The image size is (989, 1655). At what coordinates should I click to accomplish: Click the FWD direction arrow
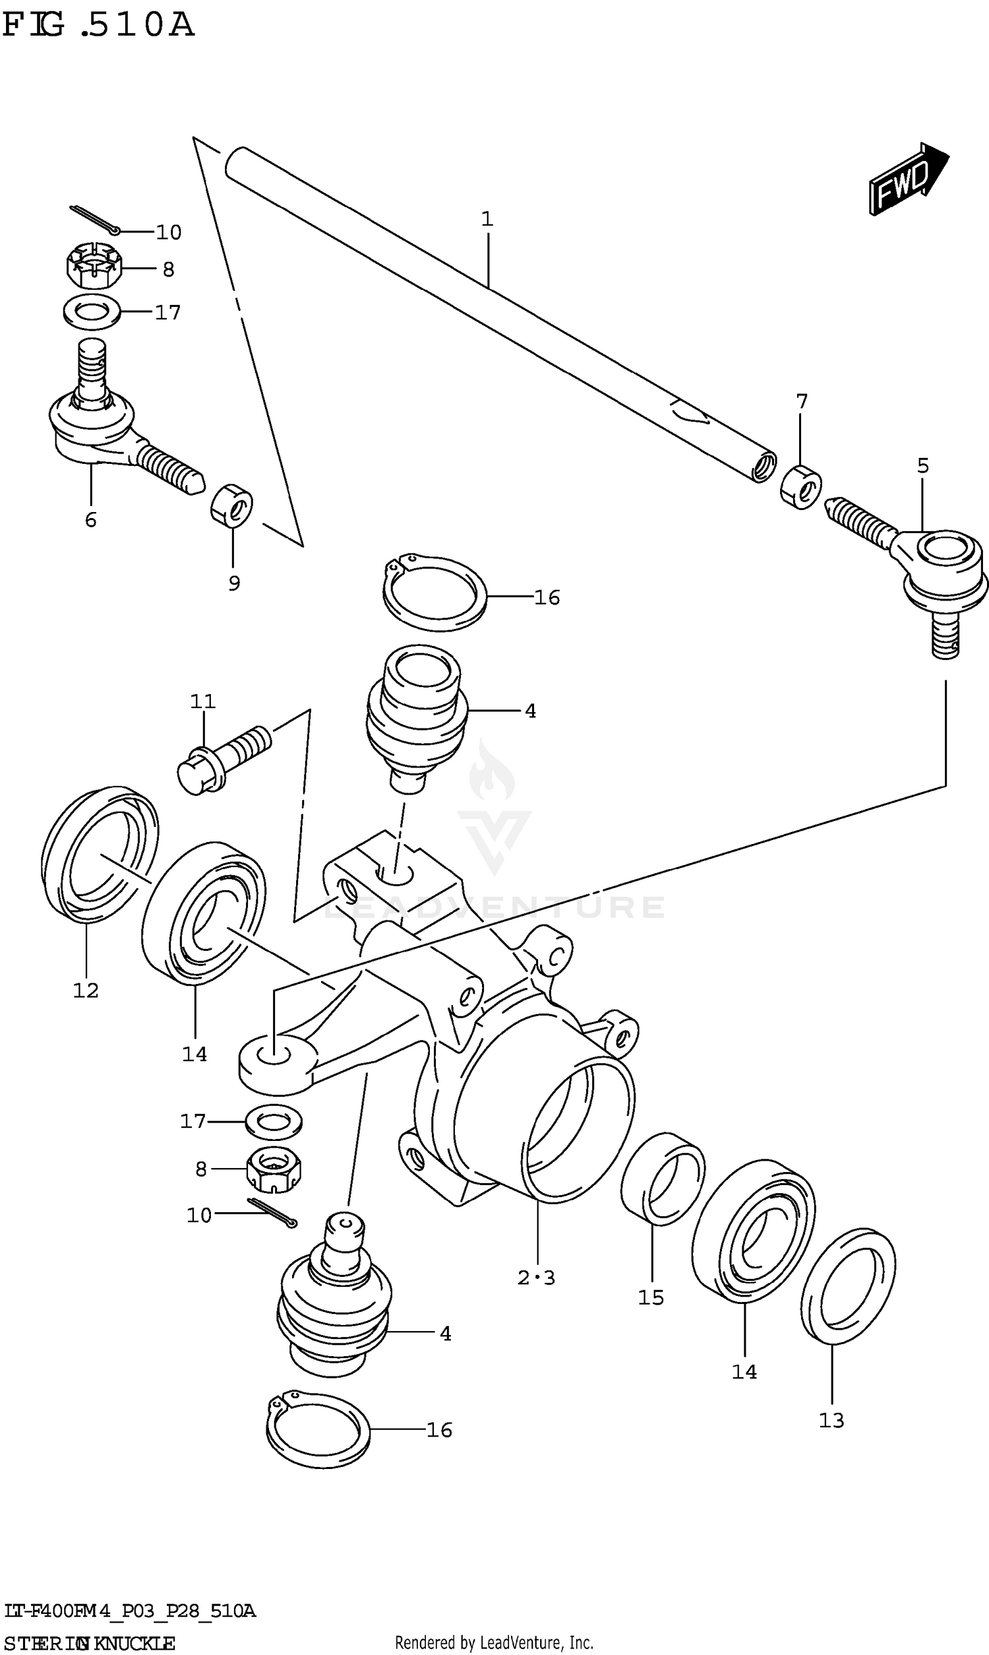[909, 179]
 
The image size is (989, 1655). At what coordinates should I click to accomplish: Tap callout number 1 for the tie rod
[487, 218]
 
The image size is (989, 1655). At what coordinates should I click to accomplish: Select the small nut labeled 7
[800, 487]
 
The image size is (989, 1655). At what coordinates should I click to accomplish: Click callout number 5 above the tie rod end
[922, 466]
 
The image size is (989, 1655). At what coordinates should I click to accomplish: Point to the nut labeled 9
[231, 505]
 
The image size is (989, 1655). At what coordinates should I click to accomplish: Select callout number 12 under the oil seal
[85, 991]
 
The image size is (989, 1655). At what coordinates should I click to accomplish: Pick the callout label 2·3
[536, 1278]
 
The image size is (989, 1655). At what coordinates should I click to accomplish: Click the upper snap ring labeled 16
[433, 592]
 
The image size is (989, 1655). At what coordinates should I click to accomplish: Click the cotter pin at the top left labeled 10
[94, 220]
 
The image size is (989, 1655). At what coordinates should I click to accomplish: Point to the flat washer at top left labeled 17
[92, 312]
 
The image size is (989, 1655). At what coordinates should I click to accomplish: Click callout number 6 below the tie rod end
[90, 520]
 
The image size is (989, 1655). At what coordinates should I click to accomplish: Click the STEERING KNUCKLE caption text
[88, 1643]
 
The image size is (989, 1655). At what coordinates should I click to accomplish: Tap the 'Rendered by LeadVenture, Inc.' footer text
[494, 1642]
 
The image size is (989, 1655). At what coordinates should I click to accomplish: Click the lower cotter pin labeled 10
[272, 1212]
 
